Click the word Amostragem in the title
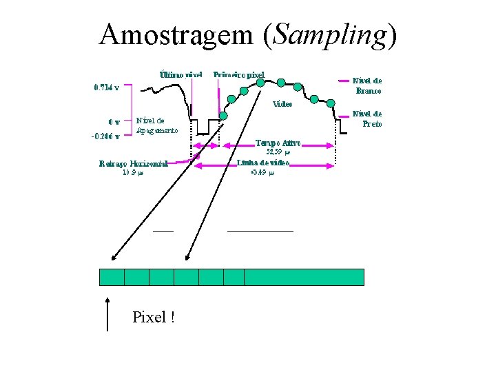177,34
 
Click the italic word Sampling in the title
329,34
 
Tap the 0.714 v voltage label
106,87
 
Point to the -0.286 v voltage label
105,136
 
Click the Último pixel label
180,74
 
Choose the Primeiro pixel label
239,74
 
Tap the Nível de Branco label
367,85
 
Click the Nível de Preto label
367,118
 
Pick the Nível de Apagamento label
157,124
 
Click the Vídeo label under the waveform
282,105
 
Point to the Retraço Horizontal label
134,164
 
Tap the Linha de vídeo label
263,164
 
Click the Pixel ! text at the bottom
153,318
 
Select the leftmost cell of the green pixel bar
112,277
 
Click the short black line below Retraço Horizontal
163,231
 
